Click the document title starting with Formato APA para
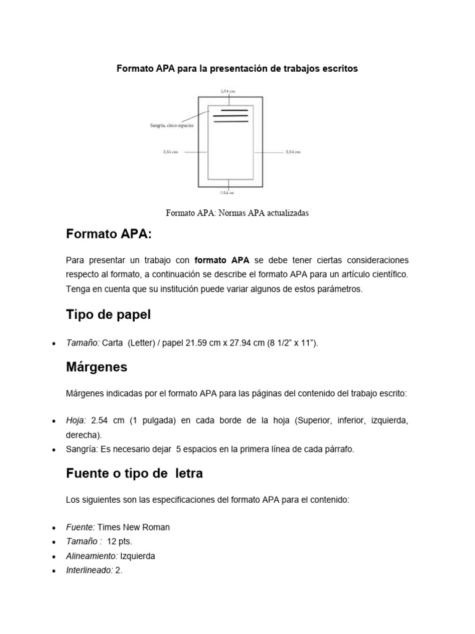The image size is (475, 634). pyautogui.click(x=237, y=69)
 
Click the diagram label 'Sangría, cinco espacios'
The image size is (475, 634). pyautogui.click(x=171, y=126)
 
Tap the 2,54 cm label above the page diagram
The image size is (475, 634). pyautogui.click(x=228, y=91)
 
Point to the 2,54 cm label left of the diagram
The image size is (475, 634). pyautogui.click(x=170, y=151)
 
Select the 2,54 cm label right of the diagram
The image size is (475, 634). pyautogui.click(x=293, y=151)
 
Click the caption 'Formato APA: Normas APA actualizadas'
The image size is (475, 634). pyautogui.click(x=237, y=213)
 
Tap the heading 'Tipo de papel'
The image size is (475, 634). pyautogui.click(x=108, y=315)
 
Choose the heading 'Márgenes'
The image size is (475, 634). pyautogui.click(x=96, y=367)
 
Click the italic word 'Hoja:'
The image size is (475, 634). pyautogui.click(x=76, y=421)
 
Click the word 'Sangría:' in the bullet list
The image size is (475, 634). pyautogui.click(x=81, y=449)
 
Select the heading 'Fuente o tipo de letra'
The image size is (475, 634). pyautogui.click(x=134, y=474)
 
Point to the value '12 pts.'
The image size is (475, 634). pyautogui.click(x=119, y=542)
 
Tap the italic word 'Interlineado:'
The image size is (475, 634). pyautogui.click(x=89, y=570)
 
